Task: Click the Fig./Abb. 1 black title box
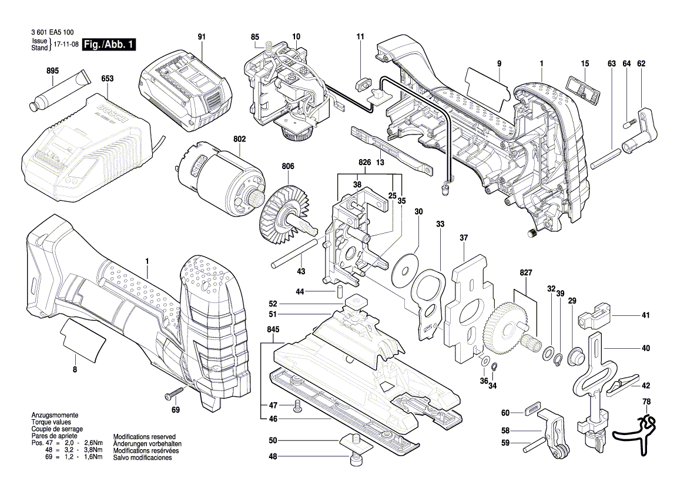109,45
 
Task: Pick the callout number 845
273,330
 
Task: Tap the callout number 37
464,238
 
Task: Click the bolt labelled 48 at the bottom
355,459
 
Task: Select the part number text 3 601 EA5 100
46,35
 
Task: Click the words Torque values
51,422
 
